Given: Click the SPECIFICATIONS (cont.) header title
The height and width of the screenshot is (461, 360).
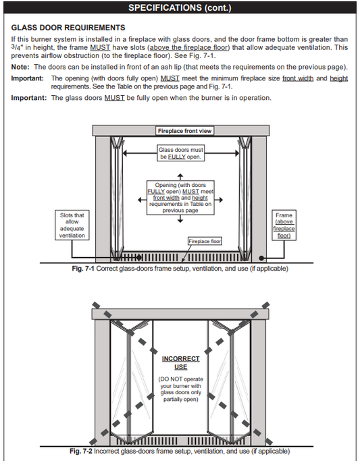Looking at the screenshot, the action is pyautogui.click(x=180, y=7).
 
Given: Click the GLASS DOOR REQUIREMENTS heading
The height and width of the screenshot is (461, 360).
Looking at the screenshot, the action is pyautogui.click(x=68, y=28).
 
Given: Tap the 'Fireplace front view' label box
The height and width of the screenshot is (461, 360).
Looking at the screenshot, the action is pyautogui.click(x=184, y=131).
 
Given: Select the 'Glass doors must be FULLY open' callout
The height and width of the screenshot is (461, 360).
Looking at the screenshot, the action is pyautogui.click(x=180, y=153).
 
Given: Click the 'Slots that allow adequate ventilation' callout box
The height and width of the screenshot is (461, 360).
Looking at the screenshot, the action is pyautogui.click(x=72, y=225).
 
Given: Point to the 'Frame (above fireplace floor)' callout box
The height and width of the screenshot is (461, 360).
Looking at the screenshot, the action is pyautogui.click(x=284, y=225).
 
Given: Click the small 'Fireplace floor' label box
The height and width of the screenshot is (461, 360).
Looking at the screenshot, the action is pyautogui.click(x=205, y=241).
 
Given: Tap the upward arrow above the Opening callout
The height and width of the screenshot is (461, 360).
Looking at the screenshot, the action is pyautogui.click(x=180, y=177).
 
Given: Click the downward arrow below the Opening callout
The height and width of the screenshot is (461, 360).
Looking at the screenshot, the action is pyautogui.click(x=180, y=219).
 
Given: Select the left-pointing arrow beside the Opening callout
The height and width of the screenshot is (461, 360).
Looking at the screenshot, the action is pyautogui.click(x=142, y=200).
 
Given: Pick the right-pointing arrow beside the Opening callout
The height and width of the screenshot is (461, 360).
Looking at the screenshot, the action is pyautogui.click(x=219, y=200).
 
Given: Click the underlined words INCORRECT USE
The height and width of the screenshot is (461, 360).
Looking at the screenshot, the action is pyautogui.click(x=180, y=363).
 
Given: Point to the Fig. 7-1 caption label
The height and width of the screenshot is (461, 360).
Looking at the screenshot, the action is pyautogui.click(x=83, y=269).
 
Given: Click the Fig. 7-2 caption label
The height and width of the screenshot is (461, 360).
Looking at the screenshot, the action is pyautogui.click(x=81, y=451).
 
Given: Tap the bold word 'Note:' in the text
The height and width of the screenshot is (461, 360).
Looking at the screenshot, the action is pyautogui.click(x=20, y=67).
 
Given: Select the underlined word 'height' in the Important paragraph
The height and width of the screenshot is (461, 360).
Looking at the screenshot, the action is pyautogui.click(x=339, y=78).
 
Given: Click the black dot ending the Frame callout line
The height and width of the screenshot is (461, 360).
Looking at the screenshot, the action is pyautogui.click(x=261, y=258).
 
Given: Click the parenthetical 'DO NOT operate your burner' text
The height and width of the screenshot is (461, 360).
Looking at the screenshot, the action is pyautogui.click(x=180, y=389).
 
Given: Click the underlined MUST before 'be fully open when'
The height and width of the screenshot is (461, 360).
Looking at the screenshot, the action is pyautogui.click(x=115, y=98).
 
